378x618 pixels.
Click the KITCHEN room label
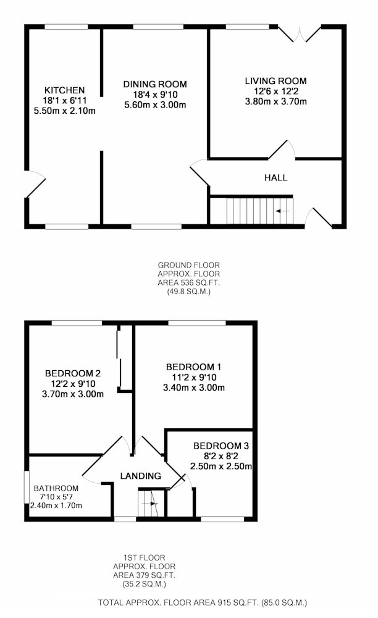(x=64, y=90)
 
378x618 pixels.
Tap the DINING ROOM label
(x=155, y=84)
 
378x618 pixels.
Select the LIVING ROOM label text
(x=275, y=81)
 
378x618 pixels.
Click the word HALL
(x=275, y=178)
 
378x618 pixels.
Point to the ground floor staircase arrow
(x=282, y=211)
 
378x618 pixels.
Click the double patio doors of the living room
(x=300, y=34)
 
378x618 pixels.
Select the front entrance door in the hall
(x=318, y=218)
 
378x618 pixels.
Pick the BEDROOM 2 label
(x=73, y=373)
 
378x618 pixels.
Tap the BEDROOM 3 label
(x=221, y=446)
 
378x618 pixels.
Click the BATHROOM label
(x=56, y=488)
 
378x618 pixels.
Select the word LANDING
(x=141, y=476)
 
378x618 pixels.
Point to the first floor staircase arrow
(x=150, y=504)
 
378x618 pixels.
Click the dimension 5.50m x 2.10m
(x=65, y=111)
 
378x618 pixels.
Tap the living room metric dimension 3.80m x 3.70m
(x=275, y=102)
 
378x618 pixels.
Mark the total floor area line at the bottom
(x=203, y=602)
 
